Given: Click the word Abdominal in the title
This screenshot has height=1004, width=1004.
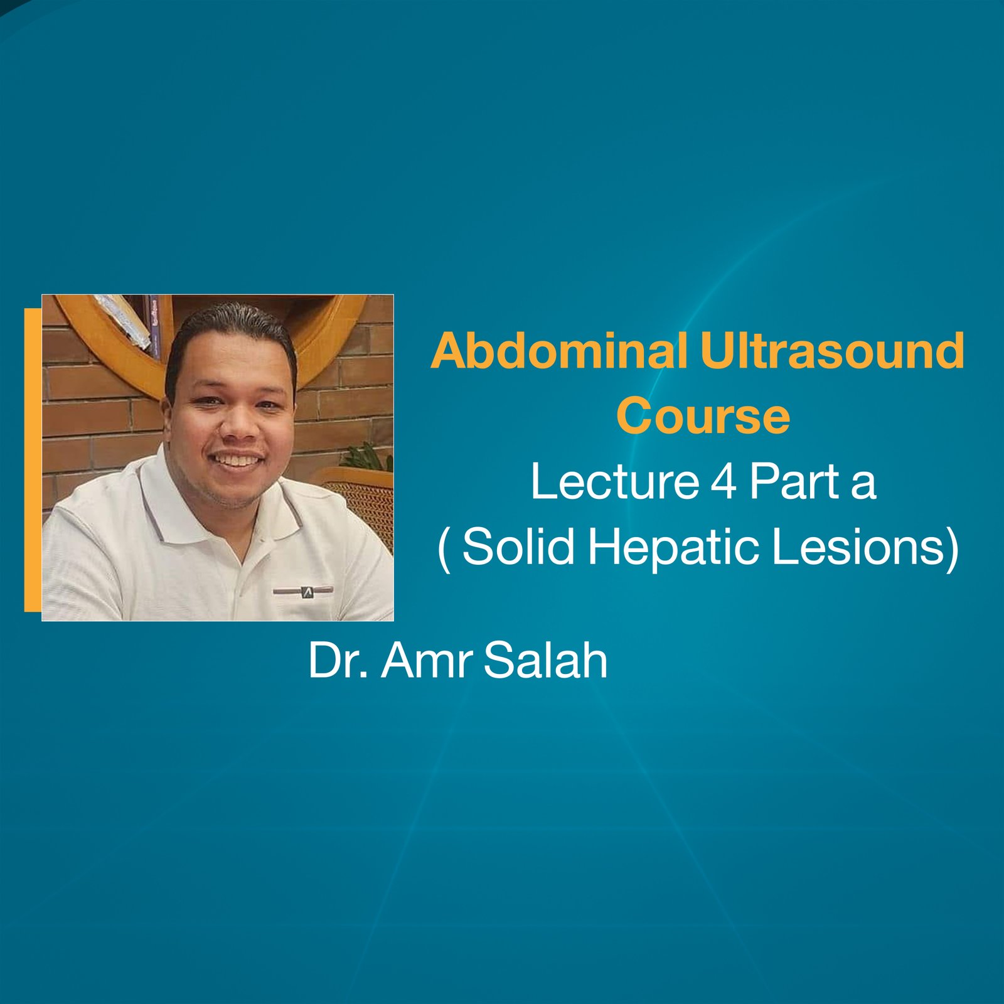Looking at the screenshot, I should (558, 351).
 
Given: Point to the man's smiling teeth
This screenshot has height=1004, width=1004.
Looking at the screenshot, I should (237, 461).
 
